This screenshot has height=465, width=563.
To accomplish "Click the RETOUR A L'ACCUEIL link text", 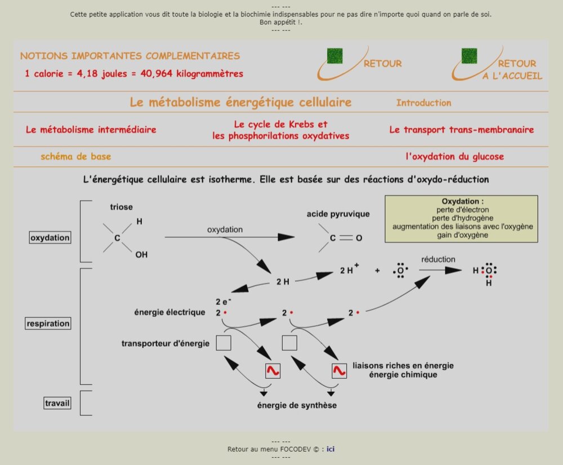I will click(512, 70).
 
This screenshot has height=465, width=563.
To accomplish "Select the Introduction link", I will click(423, 103).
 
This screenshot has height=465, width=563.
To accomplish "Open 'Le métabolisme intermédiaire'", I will click(91, 130).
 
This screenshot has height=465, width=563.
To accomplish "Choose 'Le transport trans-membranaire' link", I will click(461, 130).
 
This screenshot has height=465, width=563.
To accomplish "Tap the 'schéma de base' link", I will click(76, 157).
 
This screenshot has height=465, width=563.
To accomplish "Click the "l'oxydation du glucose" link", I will click(454, 157).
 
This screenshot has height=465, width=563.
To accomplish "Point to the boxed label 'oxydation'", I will click(50, 238).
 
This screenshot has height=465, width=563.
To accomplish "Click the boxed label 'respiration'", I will click(48, 324).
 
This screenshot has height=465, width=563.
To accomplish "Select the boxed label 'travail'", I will click(57, 403).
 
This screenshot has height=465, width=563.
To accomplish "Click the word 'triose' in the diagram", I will click(122, 207).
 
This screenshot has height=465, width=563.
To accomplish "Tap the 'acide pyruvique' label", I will click(338, 214).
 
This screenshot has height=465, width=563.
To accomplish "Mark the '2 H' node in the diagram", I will click(283, 281).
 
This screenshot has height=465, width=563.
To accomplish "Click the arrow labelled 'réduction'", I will click(440, 270).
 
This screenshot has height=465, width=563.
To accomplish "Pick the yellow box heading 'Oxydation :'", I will click(462, 202).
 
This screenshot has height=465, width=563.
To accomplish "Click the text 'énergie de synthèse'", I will click(297, 405).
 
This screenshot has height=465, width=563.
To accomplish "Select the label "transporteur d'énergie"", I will click(166, 343).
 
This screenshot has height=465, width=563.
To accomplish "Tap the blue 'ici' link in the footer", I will click(331, 449).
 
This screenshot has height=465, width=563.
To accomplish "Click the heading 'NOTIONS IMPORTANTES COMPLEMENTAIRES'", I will click(130, 56).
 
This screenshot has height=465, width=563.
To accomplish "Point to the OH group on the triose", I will click(141, 255).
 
